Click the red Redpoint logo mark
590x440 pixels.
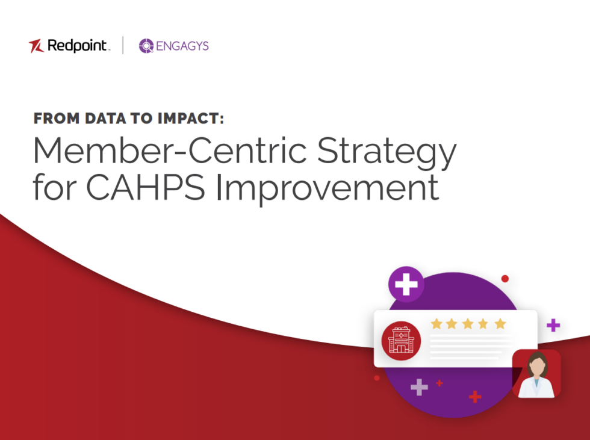(36, 46)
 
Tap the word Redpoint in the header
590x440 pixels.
(78, 46)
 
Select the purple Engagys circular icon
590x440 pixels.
(146, 46)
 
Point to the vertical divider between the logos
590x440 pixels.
(123, 46)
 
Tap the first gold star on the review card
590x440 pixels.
(436, 324)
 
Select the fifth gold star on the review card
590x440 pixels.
(500, 324)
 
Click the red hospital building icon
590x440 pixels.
(401, 340)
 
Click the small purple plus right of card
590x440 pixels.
(553, 326)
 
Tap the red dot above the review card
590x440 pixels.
(505, 279)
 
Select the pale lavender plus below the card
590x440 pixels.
(419, 387)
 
